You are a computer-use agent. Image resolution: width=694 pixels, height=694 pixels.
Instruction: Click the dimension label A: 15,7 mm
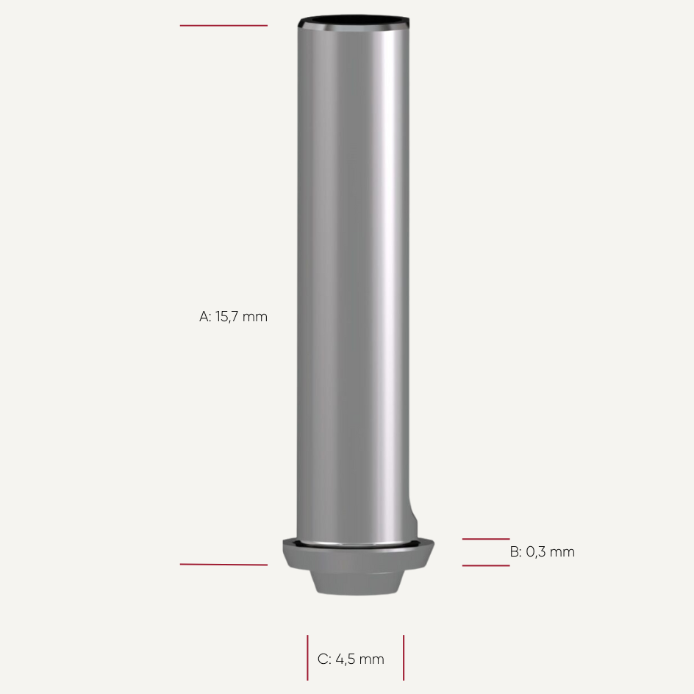[233, 316]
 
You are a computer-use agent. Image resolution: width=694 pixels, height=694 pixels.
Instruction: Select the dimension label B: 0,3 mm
[543, 552]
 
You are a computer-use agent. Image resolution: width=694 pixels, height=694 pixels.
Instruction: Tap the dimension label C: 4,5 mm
[351, 659]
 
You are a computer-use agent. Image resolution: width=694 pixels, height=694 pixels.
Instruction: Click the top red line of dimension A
[223, 26]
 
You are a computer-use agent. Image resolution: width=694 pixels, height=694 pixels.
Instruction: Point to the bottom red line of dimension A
[223, 565]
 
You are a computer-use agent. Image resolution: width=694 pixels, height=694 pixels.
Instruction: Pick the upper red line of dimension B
[485, 539]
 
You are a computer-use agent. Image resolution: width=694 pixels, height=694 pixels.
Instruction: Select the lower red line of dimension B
[485, 565]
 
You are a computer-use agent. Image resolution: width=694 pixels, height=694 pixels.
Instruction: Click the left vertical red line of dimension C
[307, 658]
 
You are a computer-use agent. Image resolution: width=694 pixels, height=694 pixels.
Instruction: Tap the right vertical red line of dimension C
[404, 658]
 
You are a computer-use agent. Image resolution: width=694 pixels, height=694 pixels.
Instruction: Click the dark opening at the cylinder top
[354, 21]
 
